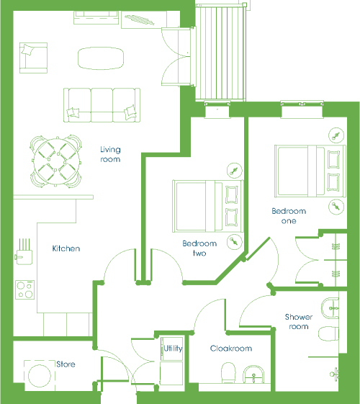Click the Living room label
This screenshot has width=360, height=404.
pyautogui.click(x=110, y=154)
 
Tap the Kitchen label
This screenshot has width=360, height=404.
pyautogui.click(x=66, y=248)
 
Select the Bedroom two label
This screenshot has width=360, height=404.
pyautogui.click(x=199, y=248)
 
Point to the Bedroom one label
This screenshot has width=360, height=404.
pyautogui.click(x=289, y=216)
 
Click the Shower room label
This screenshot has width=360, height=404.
pyautogui.click(x=299, y=322)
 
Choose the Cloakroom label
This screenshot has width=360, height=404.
pyautogui.click(x=231, y=349)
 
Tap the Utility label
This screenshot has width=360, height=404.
pyautogui.click(x=173, y=349)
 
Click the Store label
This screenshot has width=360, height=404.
pyautogui.click(x=66, y=364)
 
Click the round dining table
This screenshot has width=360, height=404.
pyautogui.click(x=56, y=161)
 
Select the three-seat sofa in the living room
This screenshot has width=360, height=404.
pyautogui.click(x=102, y=105)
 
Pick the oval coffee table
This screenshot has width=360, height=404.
pyautogui.click(x=101, y=58)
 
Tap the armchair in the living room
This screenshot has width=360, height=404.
pyautogui.click(x=33, y=58)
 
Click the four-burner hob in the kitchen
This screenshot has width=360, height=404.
pyautogui.click(x=25, y=290)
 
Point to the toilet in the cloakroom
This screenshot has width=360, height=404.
pyautogui.click(x=228, y=372)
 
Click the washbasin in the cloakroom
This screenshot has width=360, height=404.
pyautogui.click(x=254, y=374)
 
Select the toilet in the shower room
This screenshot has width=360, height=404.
pyautogui.click(x=329, y=333)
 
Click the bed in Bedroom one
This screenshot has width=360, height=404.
pyautogui.click(x=310, y=171)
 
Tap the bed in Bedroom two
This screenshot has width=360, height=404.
pyautogui.click(x=208, y=206)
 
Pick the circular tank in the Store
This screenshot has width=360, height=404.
pyautogui.click(x=40, y=376)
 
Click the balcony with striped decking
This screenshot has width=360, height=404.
pyautogui.click(x=221, y=53)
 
